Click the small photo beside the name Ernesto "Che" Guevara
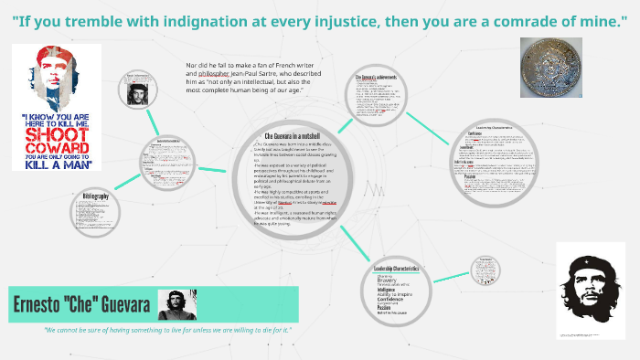pos(173,303)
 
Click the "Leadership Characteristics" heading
pos(397,268)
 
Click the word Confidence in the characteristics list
pos(393,298)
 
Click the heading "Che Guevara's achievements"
pos(376,78)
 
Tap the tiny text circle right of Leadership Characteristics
pos(484,271)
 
